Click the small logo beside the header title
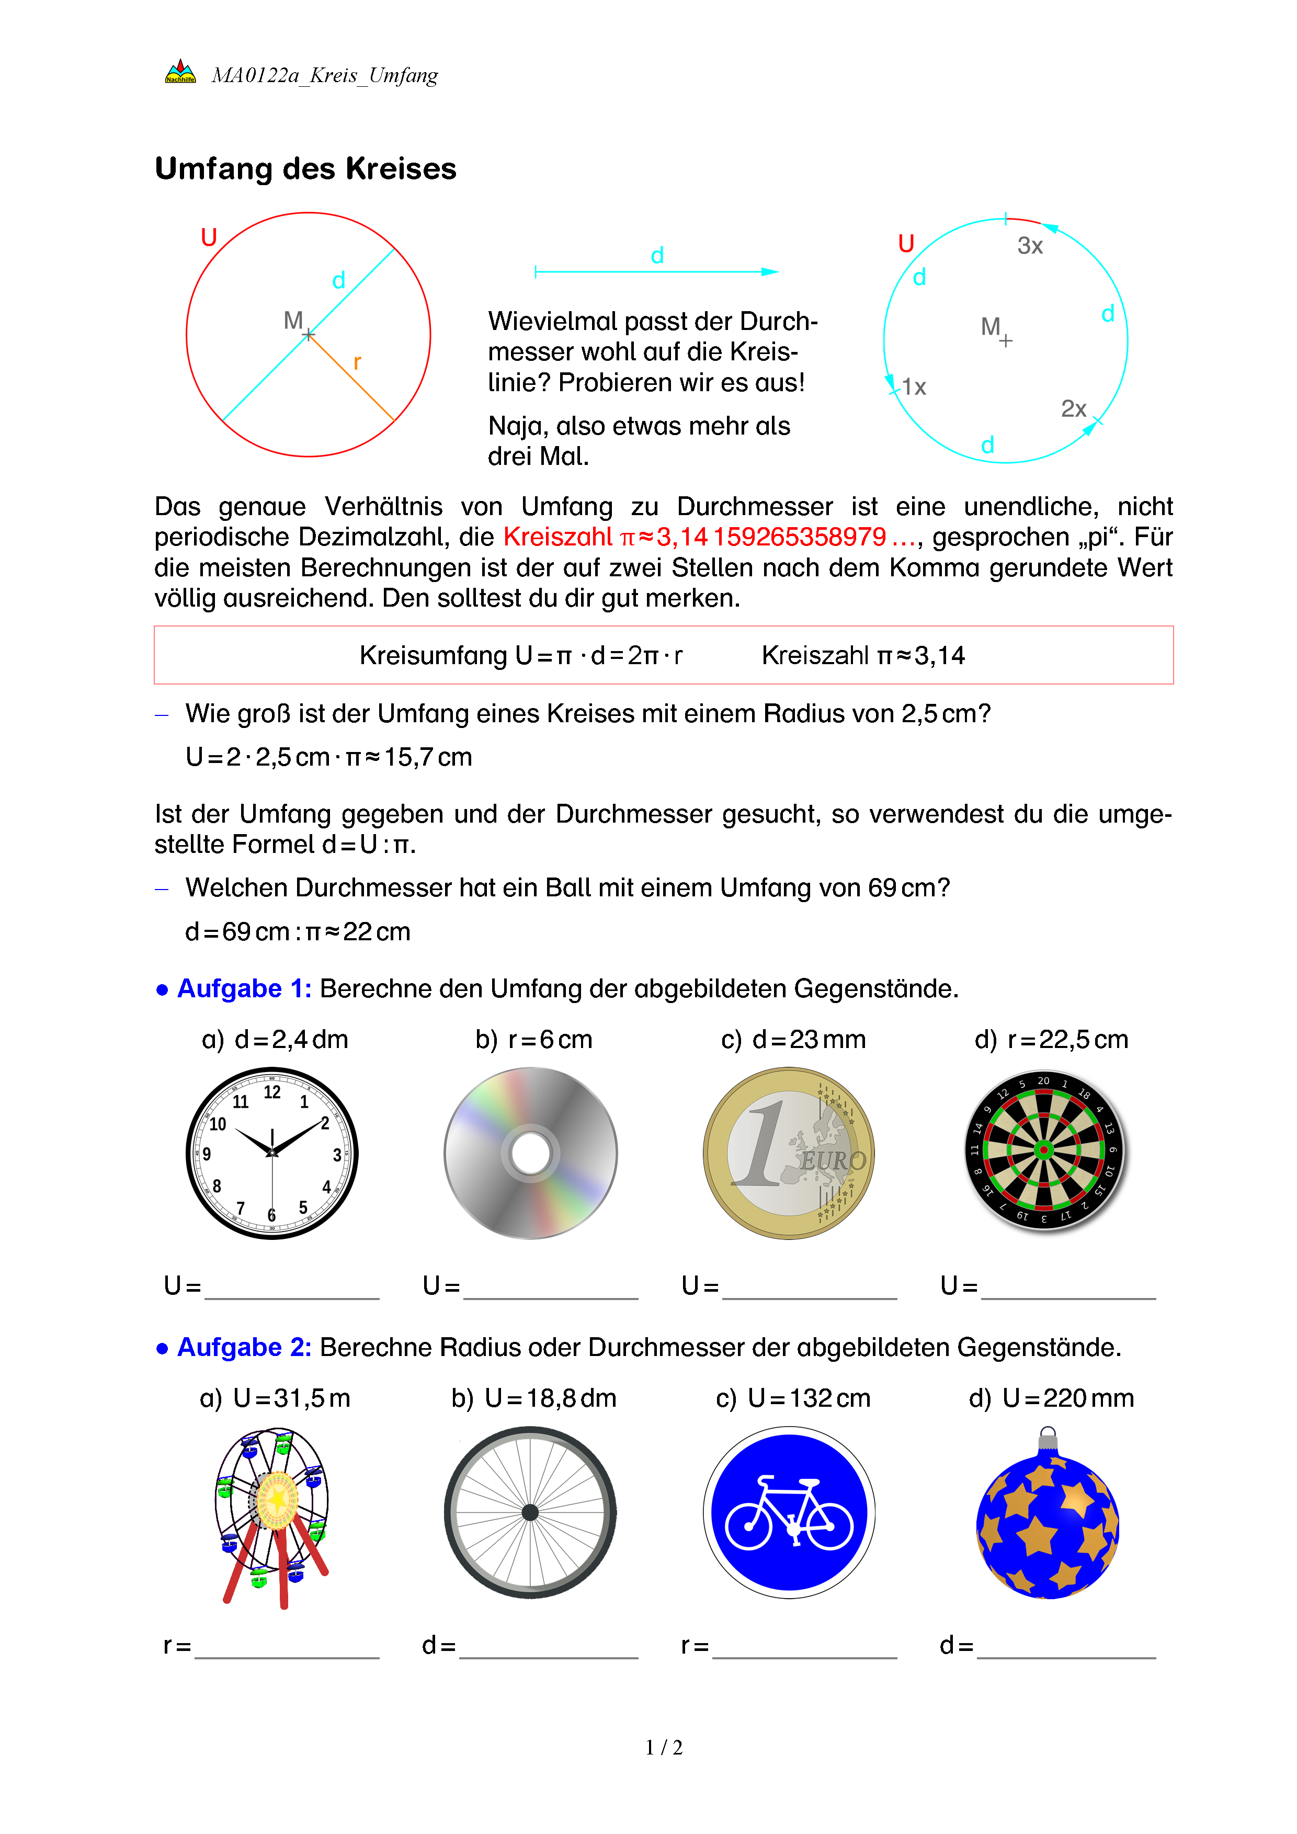180,72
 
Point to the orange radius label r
357,362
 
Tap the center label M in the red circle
293,321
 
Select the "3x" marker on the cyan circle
1029,246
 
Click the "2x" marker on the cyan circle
1073,409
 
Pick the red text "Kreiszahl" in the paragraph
558,537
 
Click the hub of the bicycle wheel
530,1512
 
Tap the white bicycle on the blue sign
789,1513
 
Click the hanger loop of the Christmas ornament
1049,1434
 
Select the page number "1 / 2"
664,1748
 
